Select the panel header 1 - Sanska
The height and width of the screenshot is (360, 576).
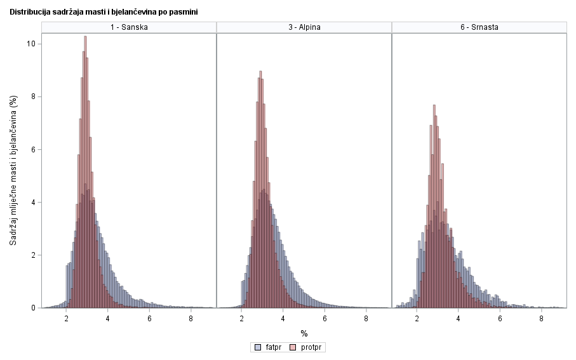[x=129, y=27]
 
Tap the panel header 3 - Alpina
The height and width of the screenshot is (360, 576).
[x=304, y=27]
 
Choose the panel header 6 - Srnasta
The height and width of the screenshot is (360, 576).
[x=479, y=27]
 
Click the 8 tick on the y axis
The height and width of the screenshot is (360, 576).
[x=37, y=97]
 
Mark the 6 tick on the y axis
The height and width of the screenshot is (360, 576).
[x=37, y=150]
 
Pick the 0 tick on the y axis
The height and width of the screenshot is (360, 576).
[x=37, y=308]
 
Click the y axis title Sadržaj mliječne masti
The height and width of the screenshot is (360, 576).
[x=13, y=171]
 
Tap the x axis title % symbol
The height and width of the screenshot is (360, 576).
[x=304, y=333]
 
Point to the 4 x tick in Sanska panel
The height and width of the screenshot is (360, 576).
[x=108, y=319]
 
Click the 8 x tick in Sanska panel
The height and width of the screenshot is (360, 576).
[x=191, y=319]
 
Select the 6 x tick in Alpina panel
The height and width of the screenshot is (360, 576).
[x=325, y=319]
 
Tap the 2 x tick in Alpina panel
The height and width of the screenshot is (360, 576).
[x=242, y=319]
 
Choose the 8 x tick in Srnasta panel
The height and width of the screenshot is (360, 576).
[x=541, y=319]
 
